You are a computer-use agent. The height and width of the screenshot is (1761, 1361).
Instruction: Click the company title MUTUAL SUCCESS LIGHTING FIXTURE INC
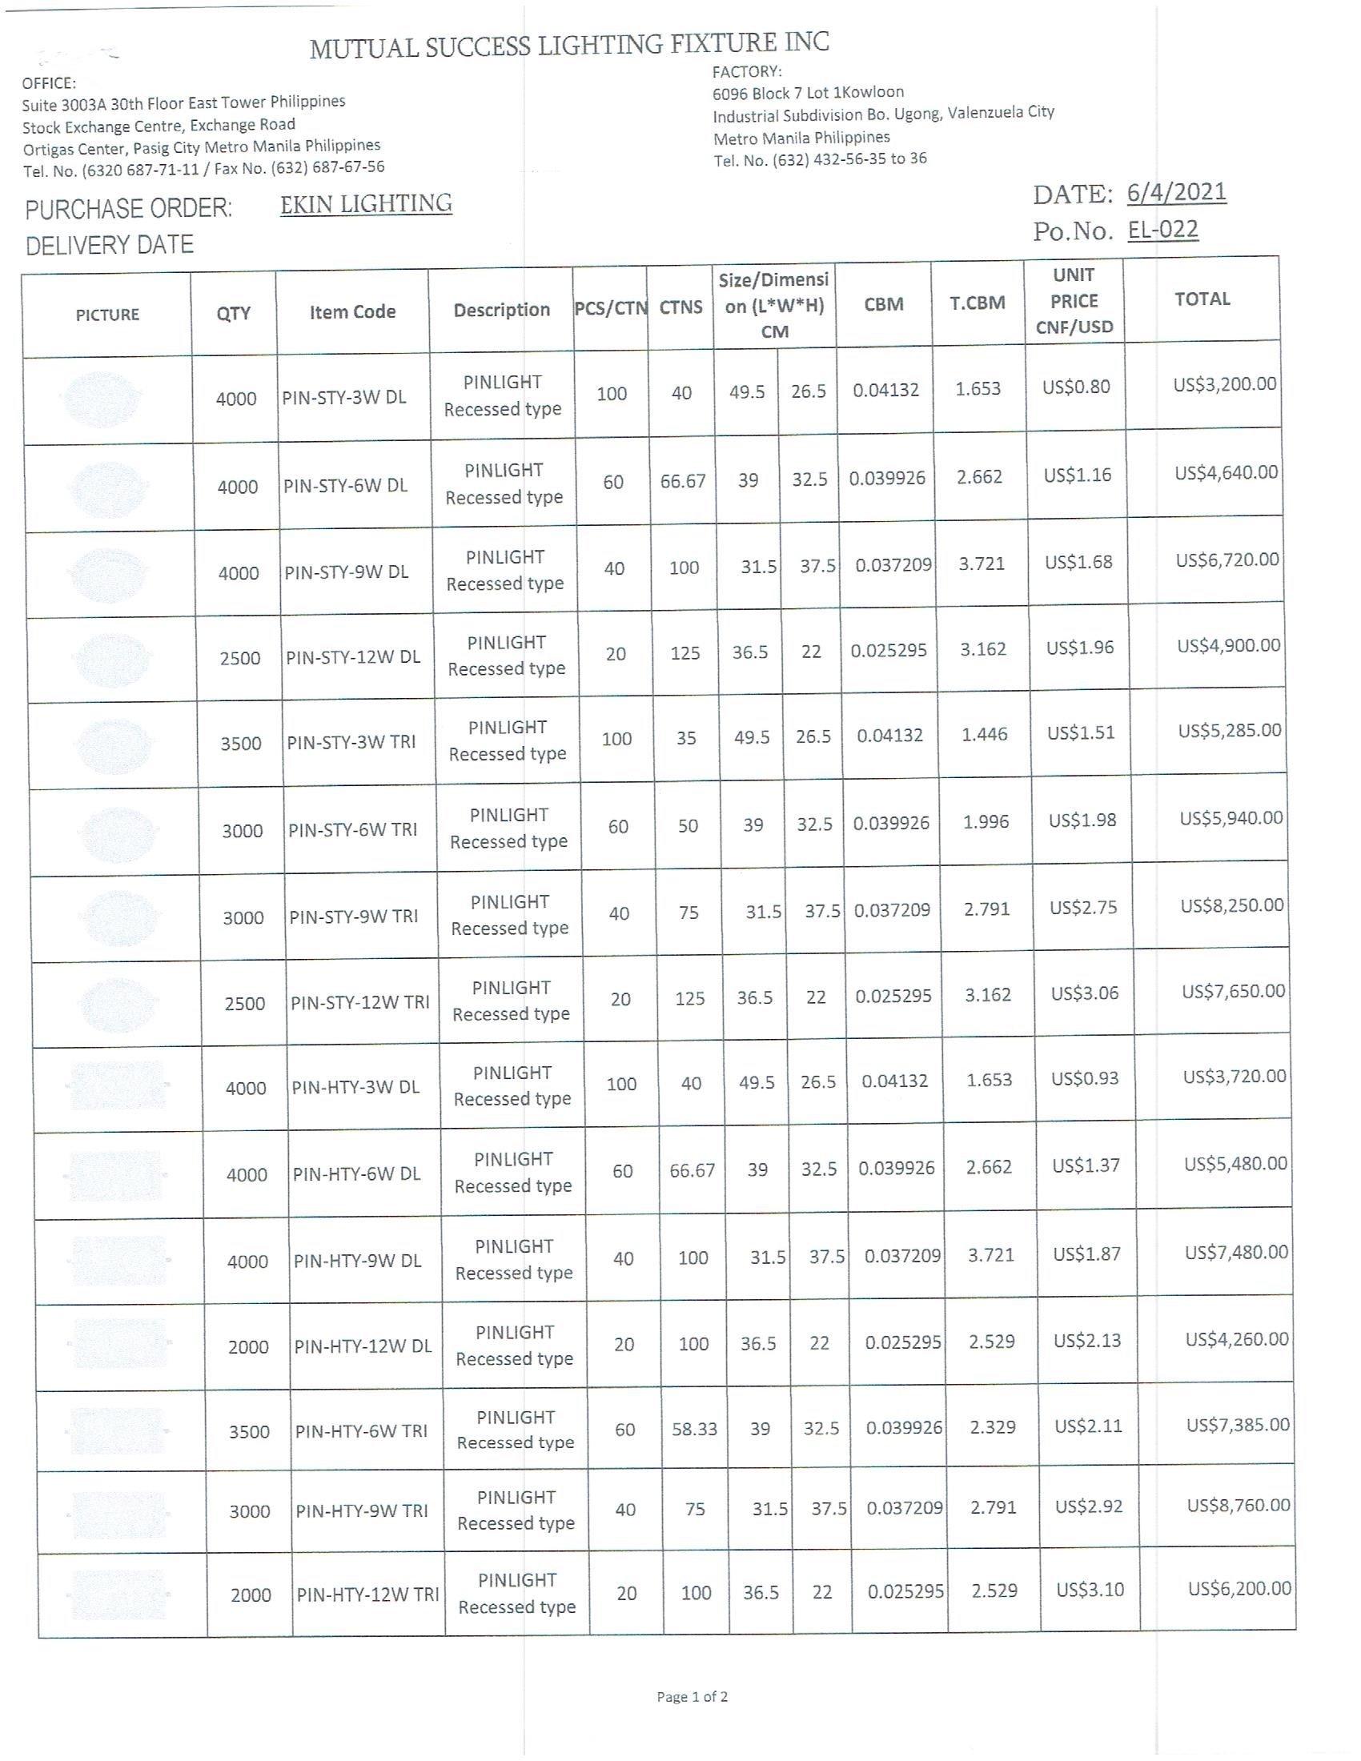click(569, 46)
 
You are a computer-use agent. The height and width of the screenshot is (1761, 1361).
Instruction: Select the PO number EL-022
click(1162, 230)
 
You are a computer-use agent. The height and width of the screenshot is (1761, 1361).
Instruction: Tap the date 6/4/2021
click(1176, 193)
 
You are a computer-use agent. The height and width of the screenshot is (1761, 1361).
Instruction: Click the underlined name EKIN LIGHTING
click(366, 204)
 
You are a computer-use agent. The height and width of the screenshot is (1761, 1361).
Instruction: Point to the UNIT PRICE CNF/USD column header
click(1073, 301)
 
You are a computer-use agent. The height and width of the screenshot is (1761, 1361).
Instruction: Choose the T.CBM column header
click(978, 303)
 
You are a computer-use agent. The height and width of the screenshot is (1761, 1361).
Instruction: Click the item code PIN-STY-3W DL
click(344, 398)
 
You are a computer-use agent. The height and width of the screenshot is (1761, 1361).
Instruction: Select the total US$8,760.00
click(1239, 1505)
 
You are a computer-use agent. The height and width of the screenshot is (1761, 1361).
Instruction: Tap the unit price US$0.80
click(1076, 387)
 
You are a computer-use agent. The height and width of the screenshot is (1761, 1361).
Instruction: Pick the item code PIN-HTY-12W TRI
click(367, 1594)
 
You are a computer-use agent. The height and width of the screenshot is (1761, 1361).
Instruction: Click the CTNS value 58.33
click(694, 1429)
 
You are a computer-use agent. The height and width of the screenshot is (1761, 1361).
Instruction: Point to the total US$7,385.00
click(1238, 1425)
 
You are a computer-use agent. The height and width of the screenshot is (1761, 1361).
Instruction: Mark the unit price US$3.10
click(1090, 1589)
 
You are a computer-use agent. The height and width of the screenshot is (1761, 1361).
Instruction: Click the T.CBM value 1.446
click(984, 734)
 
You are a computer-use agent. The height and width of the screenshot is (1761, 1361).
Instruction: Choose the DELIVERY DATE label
click(110, 245)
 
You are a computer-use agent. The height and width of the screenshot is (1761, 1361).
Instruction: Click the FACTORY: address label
click(747, 72)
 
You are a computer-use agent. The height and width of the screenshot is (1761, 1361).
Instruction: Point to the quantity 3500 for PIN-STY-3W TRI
click(241, 744)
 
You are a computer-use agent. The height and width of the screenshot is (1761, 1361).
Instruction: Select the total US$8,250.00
click(1232, 905)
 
